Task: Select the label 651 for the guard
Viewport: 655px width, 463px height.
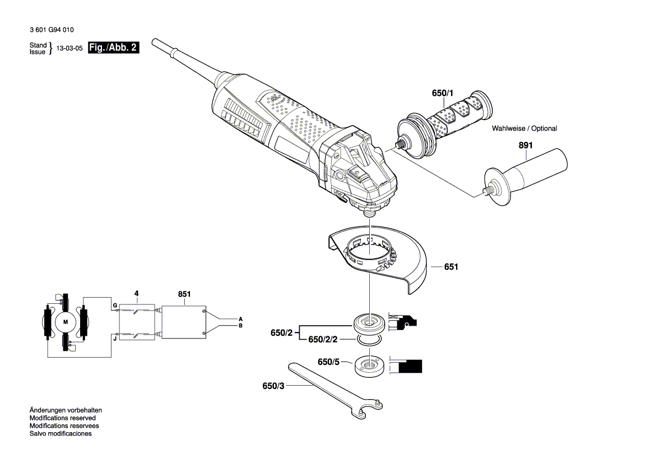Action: tap(451, 267)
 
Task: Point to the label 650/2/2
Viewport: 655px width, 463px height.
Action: tap(326, 340)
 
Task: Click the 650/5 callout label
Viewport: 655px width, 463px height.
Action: tap(329, 362)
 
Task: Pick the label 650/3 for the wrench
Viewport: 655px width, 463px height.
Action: tap(273, 386)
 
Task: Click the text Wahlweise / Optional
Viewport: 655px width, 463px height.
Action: tap(524, 128)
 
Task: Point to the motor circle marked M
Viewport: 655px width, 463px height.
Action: tap(65, 322)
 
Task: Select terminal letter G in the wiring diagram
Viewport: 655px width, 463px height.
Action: tap(114, 305)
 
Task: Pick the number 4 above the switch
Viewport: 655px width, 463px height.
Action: tap(136, 293)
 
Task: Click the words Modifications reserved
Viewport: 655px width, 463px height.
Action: tap(62, 418)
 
